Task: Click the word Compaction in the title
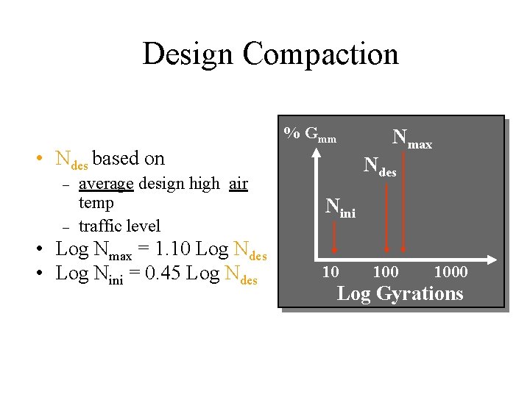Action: coord(320,54)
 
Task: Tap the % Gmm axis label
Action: coord(310,135)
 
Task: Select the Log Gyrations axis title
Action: coord(400,293)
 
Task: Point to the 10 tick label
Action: coord(331,272)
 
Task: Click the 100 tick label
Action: coord(386,272)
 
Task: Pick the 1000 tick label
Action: coord(451,272)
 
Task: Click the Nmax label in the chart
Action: coord(411,137)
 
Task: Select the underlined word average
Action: coord(106,184)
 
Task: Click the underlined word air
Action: coord(238,184)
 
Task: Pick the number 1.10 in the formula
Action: coord(171,249)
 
